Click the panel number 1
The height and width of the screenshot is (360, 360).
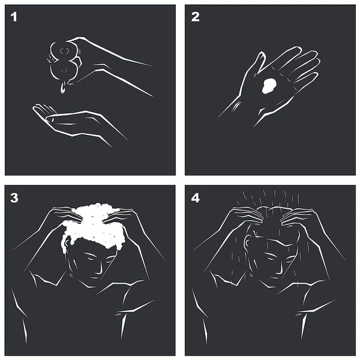(14, 17)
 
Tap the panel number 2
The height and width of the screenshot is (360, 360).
(195, 17)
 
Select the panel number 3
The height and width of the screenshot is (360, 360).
(14, 198)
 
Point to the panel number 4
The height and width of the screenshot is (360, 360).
(196, 198)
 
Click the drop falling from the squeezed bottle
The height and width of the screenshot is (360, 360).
(62, 88)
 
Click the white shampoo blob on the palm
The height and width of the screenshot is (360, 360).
(269, 86)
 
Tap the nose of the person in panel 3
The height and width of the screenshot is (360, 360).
(99, 269)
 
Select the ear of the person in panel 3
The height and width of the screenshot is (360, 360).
(67, 243)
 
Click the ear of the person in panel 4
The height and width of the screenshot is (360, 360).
(247, 243)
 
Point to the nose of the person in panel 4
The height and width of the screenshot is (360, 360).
(280, 269)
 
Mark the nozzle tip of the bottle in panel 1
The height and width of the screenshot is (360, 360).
(49, 59)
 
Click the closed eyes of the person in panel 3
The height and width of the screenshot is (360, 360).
(98, 257)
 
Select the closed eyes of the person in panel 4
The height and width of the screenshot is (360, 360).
(279, 257)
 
